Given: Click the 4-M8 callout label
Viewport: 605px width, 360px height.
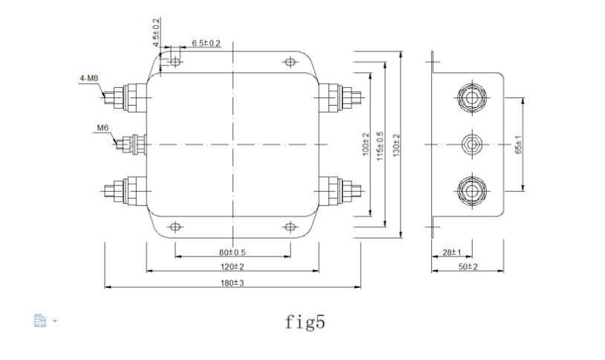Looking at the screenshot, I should click(x=88, y=77).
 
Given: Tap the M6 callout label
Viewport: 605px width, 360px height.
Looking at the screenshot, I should click(x=102, y=128).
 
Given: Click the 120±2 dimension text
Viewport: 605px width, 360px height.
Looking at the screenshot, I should click(x=233, y=266).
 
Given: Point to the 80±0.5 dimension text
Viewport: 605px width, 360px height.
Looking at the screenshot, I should click(x=233, y=252).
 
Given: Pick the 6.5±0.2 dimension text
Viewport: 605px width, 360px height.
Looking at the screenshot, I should click(x=206, y=43).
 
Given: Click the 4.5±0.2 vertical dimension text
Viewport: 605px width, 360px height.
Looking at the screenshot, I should click(x=156, y=32).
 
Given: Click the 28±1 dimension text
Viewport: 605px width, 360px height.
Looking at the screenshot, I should click(x=452, y=252).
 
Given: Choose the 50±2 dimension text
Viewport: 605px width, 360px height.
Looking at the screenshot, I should click(x=467, y=266).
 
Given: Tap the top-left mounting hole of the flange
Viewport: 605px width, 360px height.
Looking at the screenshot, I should click(x=175, y=62).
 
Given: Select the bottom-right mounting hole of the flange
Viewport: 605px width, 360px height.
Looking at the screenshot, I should click(x=290, y=227).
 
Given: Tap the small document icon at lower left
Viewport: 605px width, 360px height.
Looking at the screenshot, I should click(x=41, y=321).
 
